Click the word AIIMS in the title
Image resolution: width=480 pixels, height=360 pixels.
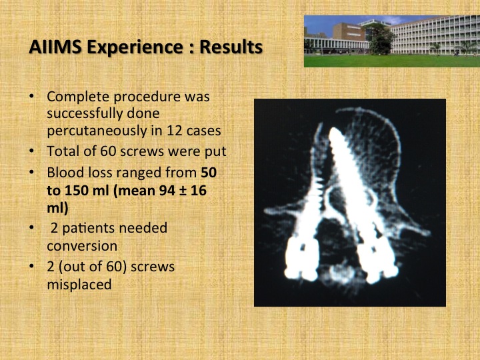(55, 47)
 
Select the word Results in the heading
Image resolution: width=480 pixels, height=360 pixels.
(231, 47)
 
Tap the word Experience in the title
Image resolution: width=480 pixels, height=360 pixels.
(135, 48)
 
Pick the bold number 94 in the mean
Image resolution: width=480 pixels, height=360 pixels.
(167, 191)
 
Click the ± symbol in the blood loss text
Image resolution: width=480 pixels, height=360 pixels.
(183, 191)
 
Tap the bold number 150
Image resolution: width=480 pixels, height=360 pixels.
(75, 191)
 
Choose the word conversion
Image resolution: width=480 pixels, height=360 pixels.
(82, 246)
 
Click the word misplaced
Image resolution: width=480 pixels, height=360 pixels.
(79, 285)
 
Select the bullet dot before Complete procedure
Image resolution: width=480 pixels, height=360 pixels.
(31, 97)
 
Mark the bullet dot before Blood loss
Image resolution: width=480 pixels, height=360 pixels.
(31, 173)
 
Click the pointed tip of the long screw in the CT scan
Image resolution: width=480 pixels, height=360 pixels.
(334, 131)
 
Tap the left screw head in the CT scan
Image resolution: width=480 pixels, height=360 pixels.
(302, 259)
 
